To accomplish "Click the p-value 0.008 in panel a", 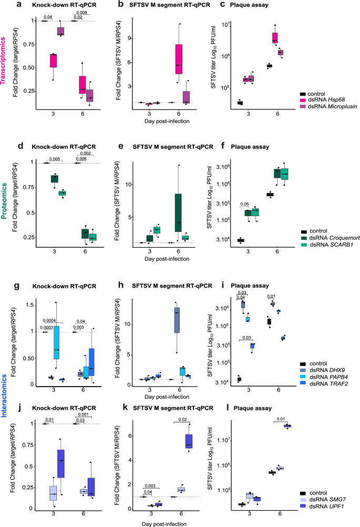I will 81,12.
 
